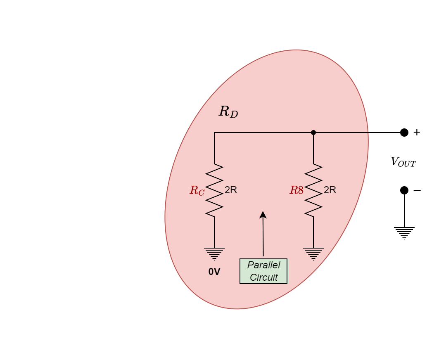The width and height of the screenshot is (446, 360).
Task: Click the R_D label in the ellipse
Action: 228,112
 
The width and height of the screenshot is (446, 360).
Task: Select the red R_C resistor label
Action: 197,190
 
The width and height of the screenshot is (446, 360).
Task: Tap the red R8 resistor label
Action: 297,190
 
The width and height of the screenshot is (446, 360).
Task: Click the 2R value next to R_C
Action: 231,190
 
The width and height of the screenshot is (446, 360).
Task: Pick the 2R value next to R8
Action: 330,190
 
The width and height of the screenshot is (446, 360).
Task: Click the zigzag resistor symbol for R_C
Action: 214,190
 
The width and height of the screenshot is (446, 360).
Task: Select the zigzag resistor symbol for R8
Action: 313,190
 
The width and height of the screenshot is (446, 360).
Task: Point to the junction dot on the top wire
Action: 313,133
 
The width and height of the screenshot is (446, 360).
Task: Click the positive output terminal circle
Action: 404,133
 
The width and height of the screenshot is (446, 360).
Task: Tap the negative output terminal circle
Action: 404,190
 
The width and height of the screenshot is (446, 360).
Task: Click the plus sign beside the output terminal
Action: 417,133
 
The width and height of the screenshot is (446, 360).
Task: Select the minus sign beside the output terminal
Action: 417,190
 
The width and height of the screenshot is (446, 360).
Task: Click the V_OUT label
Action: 403,162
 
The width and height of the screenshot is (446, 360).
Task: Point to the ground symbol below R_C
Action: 214,253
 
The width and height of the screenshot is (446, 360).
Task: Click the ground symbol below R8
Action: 313,253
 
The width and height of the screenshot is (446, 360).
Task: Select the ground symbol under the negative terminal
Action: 404,233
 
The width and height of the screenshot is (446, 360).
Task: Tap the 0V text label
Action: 214,272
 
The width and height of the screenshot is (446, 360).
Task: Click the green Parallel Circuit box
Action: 263,271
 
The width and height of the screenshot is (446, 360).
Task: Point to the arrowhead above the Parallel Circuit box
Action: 263,214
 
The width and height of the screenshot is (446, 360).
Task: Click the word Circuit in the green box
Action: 263,277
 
